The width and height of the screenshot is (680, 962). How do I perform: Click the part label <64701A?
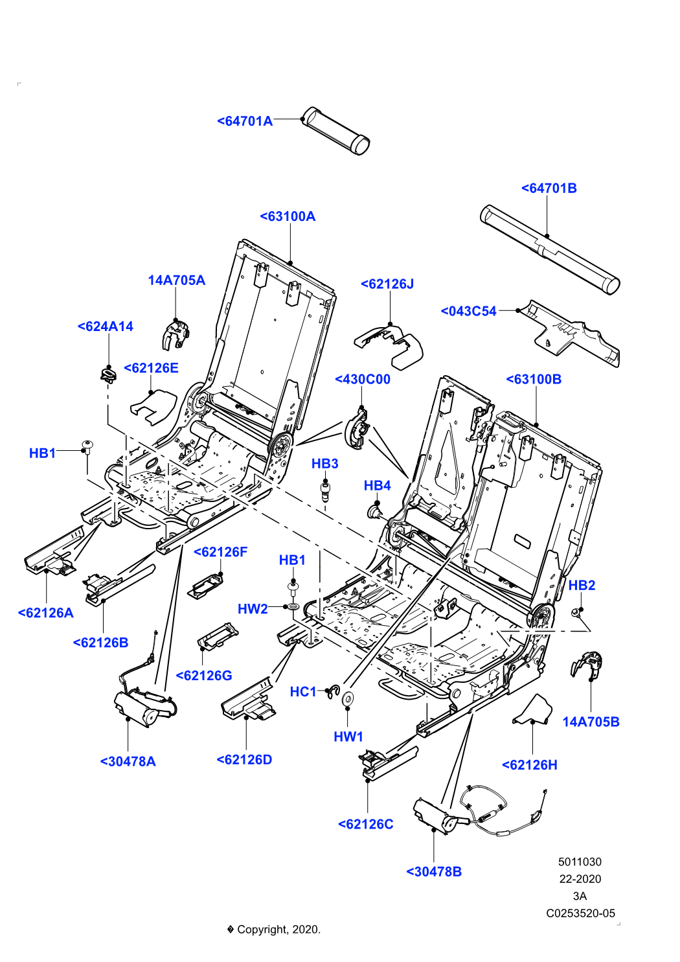click(x=245, y=121)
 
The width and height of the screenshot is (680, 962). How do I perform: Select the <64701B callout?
click(x=549, y=189)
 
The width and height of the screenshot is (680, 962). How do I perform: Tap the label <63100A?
click(x=288, y=216)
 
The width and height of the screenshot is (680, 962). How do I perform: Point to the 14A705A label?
click(x=176, y=281)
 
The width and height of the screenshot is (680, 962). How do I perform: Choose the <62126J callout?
click(x=387, y=284)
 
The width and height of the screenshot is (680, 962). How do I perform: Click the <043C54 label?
click(x=468, y=311)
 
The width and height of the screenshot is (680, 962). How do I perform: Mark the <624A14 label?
click(x=105, y=326)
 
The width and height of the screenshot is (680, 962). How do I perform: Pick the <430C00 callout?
click(x=362, y=379)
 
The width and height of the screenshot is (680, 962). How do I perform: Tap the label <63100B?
click(x=533, y=379)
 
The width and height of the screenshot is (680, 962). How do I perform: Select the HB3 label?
click(x=324, y=463)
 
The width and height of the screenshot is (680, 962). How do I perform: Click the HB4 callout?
click(x=377, y=485)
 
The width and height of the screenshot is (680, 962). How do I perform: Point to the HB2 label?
click(x=582, y=585)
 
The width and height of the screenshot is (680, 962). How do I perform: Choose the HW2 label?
click(x=253, y=609)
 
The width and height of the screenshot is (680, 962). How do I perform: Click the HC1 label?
click(x=303, y=692)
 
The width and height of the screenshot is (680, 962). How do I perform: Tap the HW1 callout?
click(x=348, y=737)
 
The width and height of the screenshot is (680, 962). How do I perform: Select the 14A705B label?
click(x=591, y=722)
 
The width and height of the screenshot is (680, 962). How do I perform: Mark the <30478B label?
click(x=434, y=872)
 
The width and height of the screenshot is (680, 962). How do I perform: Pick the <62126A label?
click(x=45, y=613)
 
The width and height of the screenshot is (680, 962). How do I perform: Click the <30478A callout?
click(x=128, y=761)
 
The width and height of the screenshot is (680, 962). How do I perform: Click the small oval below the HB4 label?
click(x=384, y=518)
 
